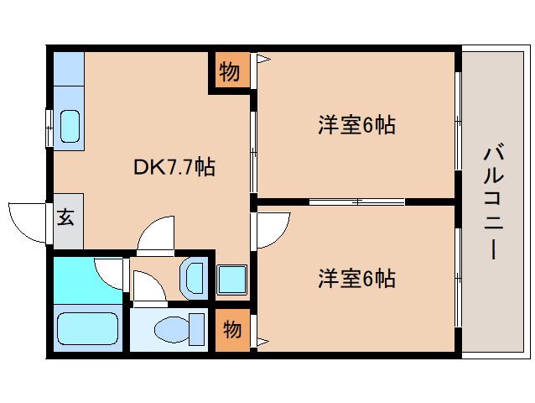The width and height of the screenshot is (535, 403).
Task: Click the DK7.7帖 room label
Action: tap(174, 167)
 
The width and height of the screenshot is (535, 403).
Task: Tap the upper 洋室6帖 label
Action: tap(356, 125)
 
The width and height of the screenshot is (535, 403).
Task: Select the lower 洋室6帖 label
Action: tap(356, 279)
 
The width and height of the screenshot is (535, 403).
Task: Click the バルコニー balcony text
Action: tap(493, 202)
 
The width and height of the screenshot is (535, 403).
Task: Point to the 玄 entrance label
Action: tap(65, 217)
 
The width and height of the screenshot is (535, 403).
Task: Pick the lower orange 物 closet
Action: tap(232, 330)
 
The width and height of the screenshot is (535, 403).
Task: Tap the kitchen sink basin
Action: tap(70, 126)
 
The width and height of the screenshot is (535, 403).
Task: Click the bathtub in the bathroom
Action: tap(88, 328)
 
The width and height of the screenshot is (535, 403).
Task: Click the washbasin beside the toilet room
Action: tap(194, 278)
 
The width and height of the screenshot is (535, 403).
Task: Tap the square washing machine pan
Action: tap(232, 280)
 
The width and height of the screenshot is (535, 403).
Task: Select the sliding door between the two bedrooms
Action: tap(357, 201)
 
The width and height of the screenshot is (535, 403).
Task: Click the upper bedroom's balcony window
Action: tap(458, 121)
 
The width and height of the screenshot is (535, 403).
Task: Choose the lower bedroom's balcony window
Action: tap(458, 278)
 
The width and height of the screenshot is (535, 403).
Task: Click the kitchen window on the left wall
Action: tap(49, 128)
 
